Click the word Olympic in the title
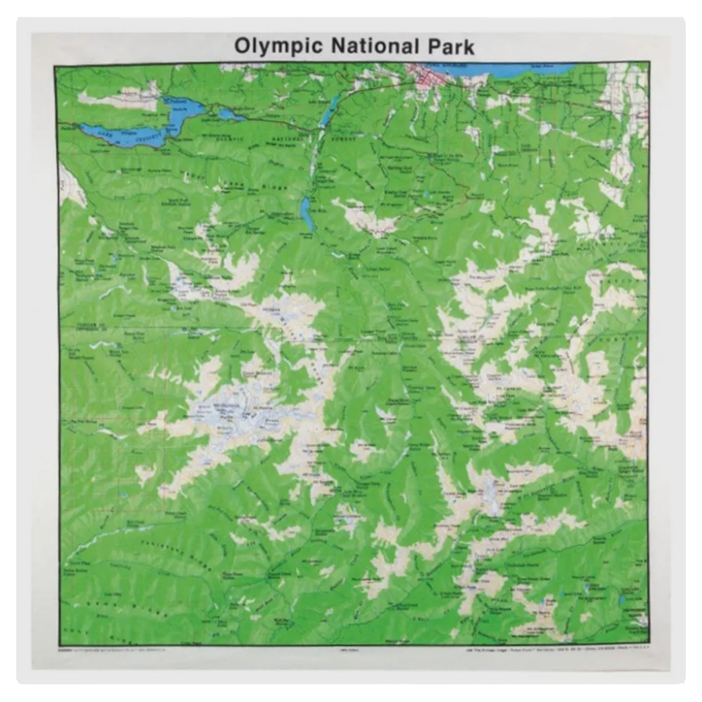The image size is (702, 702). pos(279,47)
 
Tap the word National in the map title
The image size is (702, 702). pos(375,46)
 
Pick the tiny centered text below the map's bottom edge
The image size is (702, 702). pos(351,650)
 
